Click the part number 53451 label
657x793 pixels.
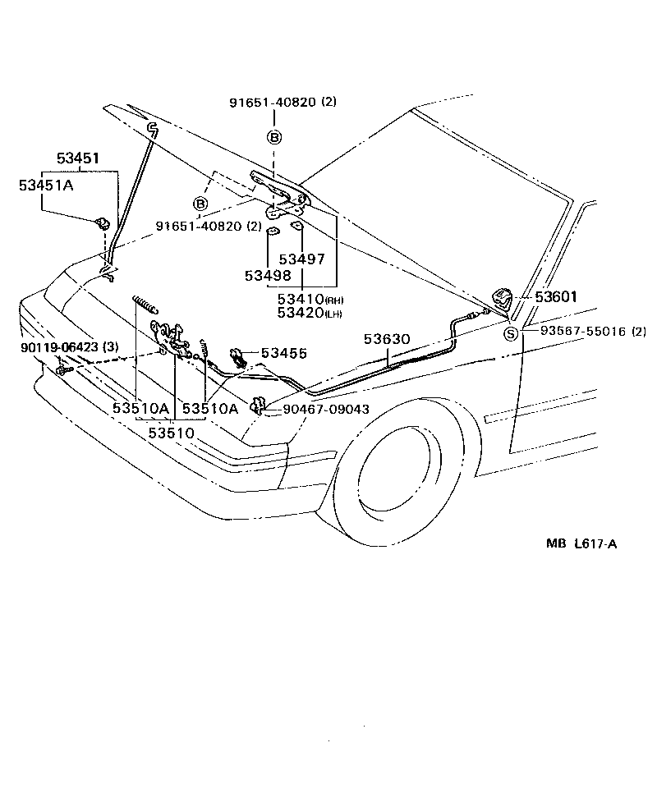pyautogui.click(x=78, y=158)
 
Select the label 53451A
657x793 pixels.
pyautogui.click(x=47, y=186)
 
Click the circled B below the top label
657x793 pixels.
pyautogui.click(x=274, y=136)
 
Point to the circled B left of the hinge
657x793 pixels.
pyautogui.click(x=200, y=203)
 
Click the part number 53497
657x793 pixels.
pyautogui.click(x=301, y=259)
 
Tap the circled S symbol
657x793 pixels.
pyautogui.click(x=511, y=333)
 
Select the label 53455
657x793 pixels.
pyautogui.click(x=284, y=353)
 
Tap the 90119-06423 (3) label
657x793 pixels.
pyautogui.click(x=69, y=347)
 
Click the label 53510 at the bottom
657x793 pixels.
pyautogui.click(x=172, y=432)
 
